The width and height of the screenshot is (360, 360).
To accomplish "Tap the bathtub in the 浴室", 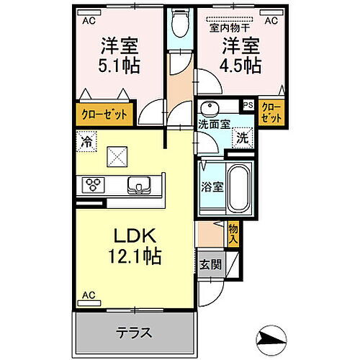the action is (238, 188).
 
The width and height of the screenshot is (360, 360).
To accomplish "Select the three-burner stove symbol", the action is (94, 185).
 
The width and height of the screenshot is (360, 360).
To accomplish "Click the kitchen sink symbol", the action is (139, 185).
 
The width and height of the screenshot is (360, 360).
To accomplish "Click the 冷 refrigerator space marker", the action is (86, 142).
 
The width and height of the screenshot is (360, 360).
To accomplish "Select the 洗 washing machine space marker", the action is (243, 138).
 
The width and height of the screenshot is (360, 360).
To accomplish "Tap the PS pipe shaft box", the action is (248, 105).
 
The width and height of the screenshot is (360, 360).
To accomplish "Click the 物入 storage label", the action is (233, 233).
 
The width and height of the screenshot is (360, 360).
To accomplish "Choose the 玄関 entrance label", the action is (210, 265).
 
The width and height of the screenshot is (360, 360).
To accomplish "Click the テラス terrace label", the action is (134, 333).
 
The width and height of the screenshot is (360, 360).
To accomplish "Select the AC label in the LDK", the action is (89, 295).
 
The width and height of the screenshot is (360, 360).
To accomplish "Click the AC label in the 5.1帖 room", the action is (89, 21).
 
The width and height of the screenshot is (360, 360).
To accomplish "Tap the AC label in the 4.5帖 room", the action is (271, 21).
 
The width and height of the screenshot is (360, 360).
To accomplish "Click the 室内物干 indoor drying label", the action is (230, 28).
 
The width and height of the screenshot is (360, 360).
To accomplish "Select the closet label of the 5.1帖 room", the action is (104, 114).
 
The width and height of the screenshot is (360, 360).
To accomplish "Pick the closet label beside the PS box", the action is (271, 112).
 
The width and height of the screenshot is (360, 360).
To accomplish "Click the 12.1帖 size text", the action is (135, 256).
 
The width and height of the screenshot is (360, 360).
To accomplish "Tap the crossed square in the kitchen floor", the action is (117, 156).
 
